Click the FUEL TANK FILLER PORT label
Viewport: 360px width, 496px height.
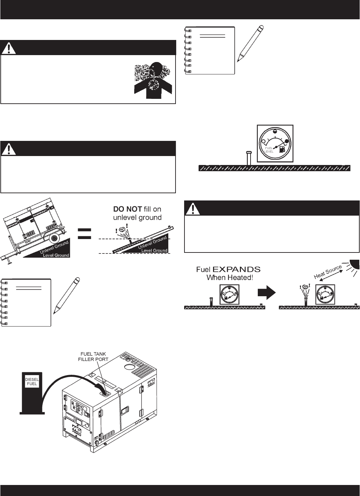coord(95,356)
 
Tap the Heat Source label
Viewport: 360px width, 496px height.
coord(328,272)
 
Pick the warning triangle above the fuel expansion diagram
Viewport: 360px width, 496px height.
coord(193,208)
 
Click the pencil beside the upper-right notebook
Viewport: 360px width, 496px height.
coord(251,43)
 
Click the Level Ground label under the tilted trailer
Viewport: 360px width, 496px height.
coord(56,255)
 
